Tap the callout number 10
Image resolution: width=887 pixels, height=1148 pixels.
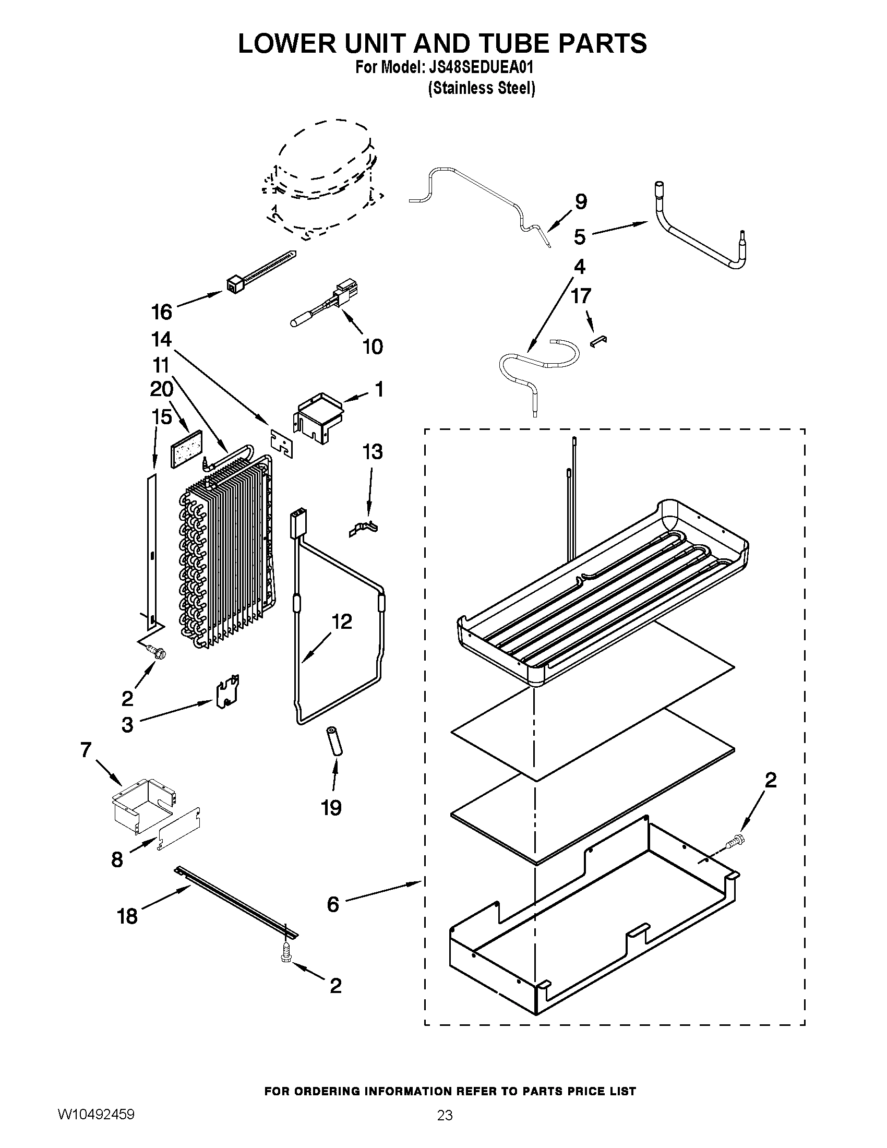tap(373, 346)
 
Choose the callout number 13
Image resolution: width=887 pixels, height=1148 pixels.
tap(373, 451)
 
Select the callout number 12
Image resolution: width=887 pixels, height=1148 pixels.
tap(342, 621)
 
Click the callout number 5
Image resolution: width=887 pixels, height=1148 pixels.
tap(579, 236)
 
